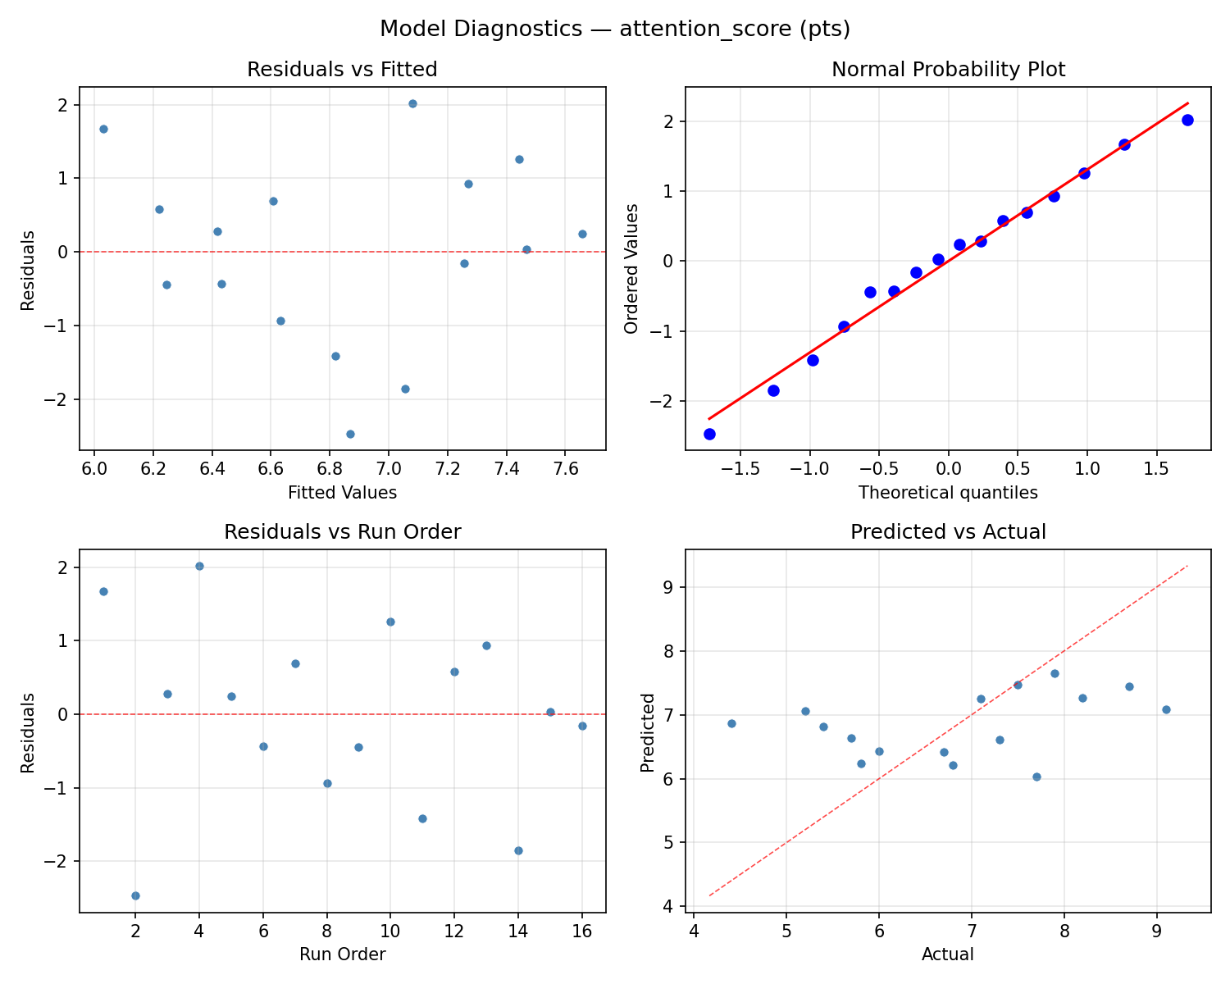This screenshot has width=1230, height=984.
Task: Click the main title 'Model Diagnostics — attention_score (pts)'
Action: click(615, 29)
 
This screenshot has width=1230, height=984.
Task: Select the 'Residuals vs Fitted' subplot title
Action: click(342, 70)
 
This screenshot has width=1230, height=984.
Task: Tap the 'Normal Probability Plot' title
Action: click(948, 70)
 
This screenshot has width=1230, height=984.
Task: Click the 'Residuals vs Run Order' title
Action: click(342, 532)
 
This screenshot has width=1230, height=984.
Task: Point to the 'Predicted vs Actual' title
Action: click(948, 532)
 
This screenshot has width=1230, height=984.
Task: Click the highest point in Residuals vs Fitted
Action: click(412, 103)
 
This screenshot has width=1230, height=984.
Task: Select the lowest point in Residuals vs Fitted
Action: click(350, 434)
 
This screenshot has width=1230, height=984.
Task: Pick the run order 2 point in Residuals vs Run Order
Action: click(135, 895)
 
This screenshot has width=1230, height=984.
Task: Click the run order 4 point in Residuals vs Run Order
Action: click(199, 566)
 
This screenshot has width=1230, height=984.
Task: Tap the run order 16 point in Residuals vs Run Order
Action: click(582, 726)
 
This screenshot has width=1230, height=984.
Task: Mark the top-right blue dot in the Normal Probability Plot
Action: click(1187, 120)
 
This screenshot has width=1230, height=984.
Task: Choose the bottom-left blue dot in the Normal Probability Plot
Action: click(709, 434)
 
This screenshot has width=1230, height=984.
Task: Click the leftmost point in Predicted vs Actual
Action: click(731, 723)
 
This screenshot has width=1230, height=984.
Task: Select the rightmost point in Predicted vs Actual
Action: click(1166, 709)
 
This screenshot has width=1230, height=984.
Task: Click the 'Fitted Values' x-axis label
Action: click(342, 493)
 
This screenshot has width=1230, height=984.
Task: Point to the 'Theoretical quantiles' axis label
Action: click(948, 493)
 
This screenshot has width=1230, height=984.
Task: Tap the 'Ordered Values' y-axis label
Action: click(631, 280)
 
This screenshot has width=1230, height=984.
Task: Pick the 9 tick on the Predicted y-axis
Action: click(677, 587)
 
